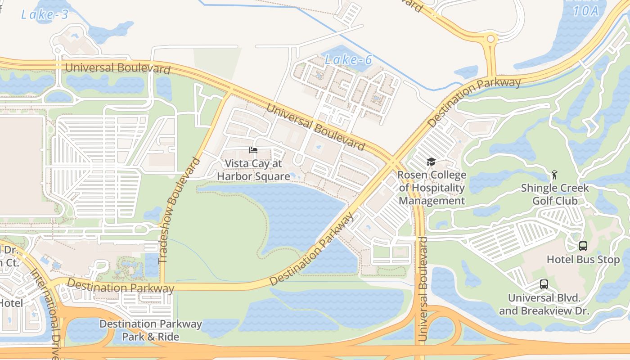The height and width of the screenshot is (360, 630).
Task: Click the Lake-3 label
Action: tap(45, 14)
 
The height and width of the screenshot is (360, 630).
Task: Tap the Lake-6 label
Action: tap(348, 59)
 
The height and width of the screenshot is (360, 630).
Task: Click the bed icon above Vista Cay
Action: tap(253, 150)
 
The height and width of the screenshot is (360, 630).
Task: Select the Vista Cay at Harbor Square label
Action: tap(253, 170)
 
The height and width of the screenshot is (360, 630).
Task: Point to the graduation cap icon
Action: tap(431, 162)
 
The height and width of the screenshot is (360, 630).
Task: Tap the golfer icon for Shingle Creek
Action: tap(554, 175)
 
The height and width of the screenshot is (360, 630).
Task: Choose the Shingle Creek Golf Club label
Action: tap(554, 194)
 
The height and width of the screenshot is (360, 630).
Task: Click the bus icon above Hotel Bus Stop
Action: tap(583, 246)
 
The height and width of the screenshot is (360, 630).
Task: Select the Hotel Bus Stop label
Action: tap(583, 260)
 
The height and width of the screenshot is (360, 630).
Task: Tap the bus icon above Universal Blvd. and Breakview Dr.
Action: tap(544, 284)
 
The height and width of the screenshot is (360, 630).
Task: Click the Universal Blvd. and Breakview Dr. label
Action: tap(544, 304)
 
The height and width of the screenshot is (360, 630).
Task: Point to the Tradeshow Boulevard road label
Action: tap(179, 210)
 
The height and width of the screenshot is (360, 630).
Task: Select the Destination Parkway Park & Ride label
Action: tap(151, 330)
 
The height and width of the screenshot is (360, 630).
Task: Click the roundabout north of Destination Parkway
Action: tap(490, 40)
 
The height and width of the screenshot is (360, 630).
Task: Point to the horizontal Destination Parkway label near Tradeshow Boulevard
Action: tap(120, 286)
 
